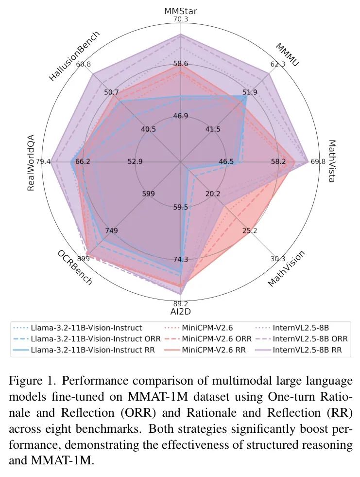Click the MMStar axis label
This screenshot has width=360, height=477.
point(180,10)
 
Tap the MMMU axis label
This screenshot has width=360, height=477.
point(287,54)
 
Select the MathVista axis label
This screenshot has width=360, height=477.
point(331,161)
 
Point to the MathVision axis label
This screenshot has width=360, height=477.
point(287,268)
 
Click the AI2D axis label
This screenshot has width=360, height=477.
point(180,312)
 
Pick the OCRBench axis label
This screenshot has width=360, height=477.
point(74,268)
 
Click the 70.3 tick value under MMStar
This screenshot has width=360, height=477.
point(180,19)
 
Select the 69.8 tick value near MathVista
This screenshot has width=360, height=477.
point(318,161)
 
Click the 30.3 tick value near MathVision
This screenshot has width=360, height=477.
point(278,259)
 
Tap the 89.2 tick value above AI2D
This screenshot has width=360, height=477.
point(180,303)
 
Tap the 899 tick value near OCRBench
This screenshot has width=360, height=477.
point(83,259)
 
